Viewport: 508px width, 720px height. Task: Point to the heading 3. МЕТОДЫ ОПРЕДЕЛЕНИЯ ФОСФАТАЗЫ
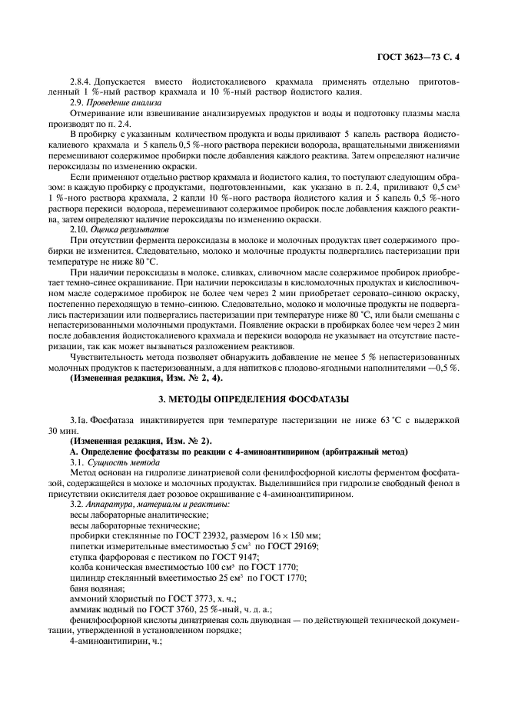[253, 399]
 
